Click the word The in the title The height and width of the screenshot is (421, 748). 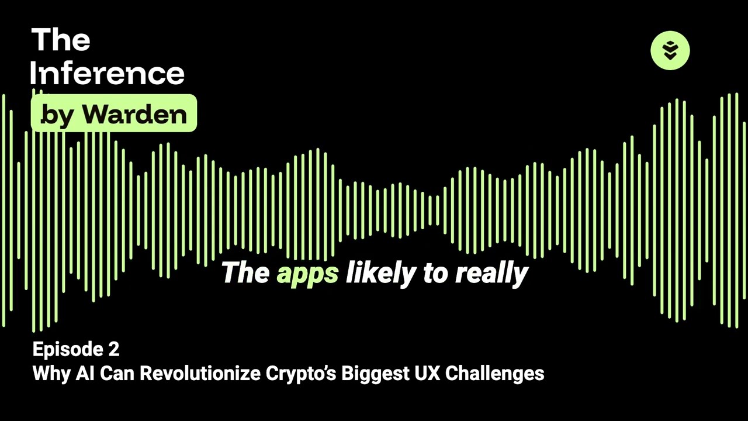coord(61,40)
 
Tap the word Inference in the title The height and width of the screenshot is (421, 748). coord(108,74)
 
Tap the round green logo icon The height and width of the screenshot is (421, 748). coord(670,50)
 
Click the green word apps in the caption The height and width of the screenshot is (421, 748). coord(307,273)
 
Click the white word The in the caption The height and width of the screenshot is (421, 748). coord(245,272)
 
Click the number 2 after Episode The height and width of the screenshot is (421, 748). coord(114,350)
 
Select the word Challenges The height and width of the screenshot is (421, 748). coord(494,373)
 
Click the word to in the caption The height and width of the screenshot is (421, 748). coord(435,273)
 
